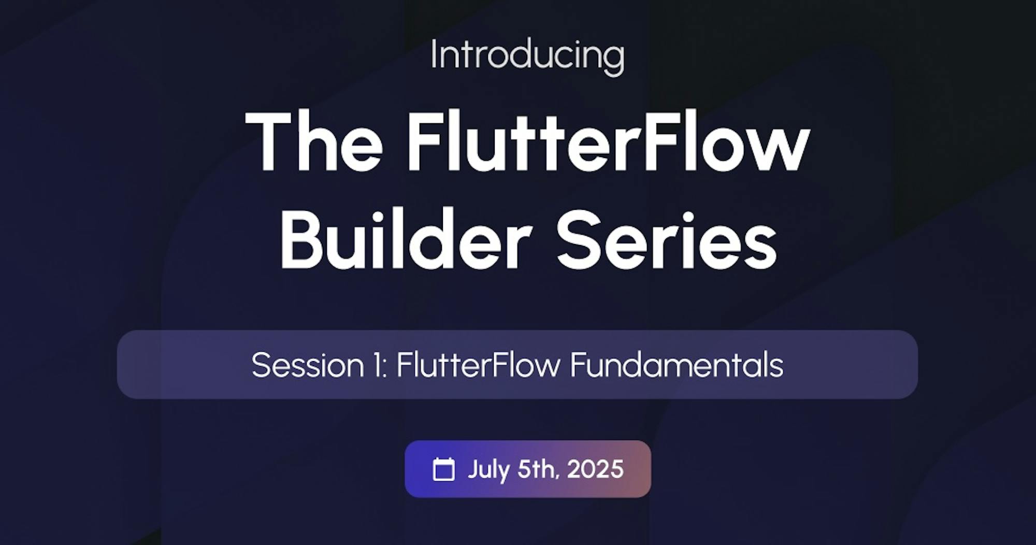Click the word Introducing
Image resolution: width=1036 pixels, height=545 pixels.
click(x=527, y=56)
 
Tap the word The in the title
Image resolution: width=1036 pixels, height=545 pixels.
click(x=314, y=141)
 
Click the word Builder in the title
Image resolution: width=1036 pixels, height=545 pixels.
click(x=406, y=239)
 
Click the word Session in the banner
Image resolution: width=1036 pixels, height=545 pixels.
click(x=308, y=365)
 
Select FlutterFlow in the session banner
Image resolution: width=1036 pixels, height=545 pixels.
click(x=479, y=365)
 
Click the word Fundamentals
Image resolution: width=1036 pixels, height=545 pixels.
click(x=677, y=365)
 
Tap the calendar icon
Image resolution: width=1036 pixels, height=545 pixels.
click(x=443, y=469)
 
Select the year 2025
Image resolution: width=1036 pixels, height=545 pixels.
click(x=595, y=469)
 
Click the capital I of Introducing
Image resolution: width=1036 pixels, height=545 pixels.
click(x=434, y=54)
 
